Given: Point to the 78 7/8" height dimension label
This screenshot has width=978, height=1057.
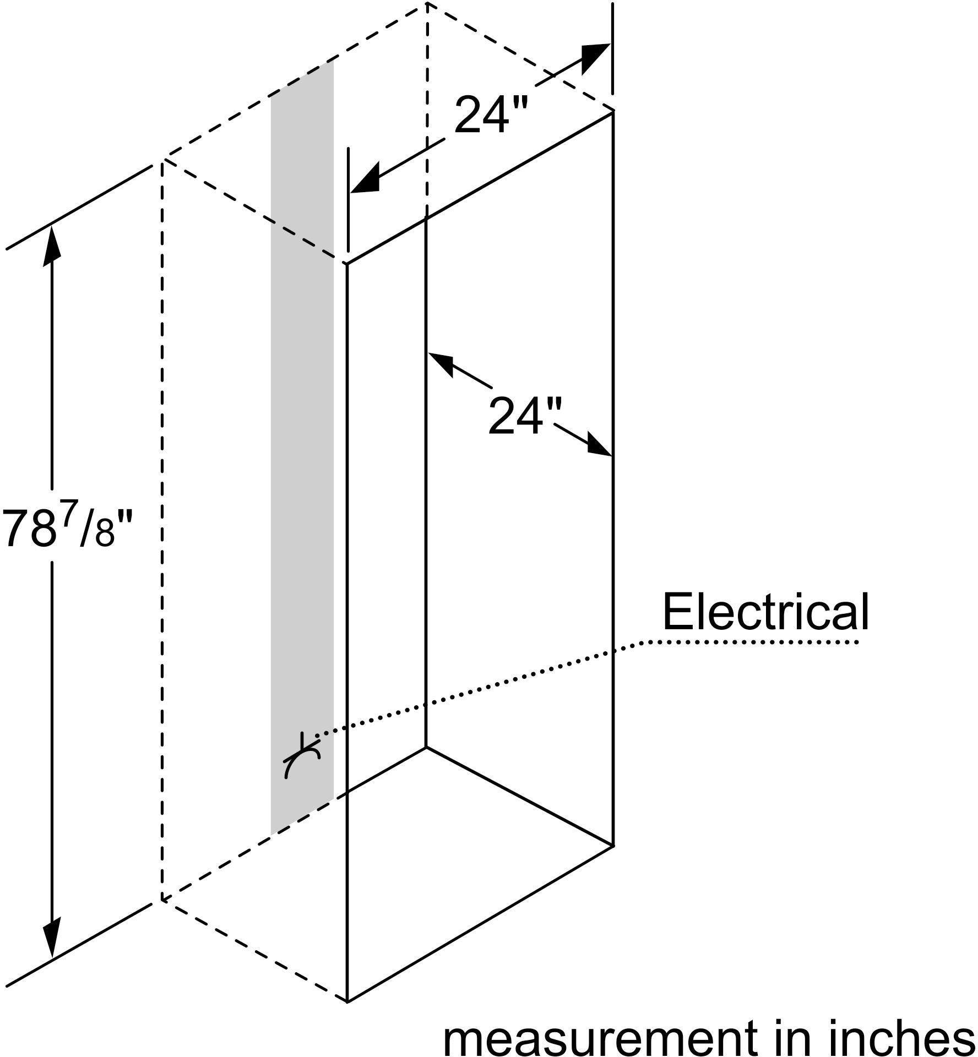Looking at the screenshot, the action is pos(68,526).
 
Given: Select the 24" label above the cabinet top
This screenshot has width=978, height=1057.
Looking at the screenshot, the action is pos(491,115).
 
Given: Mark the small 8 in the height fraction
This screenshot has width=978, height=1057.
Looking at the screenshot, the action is pos(105,534).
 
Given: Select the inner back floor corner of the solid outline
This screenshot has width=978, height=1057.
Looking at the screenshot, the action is pos(426,747).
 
